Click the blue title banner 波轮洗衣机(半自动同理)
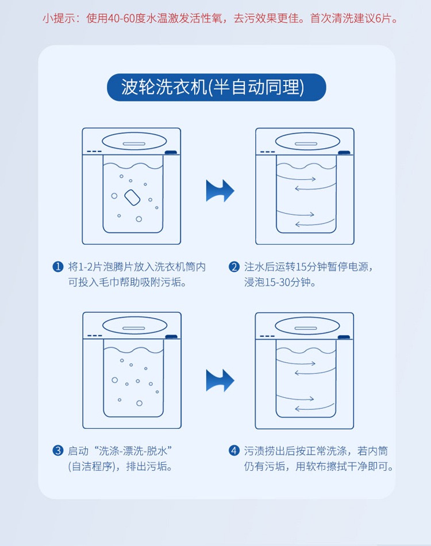pyautogui.click(x=217, y=87)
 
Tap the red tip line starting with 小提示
pyautogui.click(x=221, y=18)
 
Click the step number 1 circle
pyautogui.click(x=58, y=267)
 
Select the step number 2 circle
pyautogui.click(x=234, y=267)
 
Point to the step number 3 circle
pyautogui.click(x=58, y=451)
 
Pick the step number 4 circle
pyautogui.click(x=234, y=451)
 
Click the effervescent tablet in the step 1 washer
pyautogui.click(x=132, y=198)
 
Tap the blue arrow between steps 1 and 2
pyautogui.click(x=220, y=191)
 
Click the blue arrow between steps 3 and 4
pyautogui.click(x=220, y=380)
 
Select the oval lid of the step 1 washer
pyautogui.click(x=134, y=142)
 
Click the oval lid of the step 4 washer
pyautogui.click(x=307, y=326)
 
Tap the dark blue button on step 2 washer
pyautogui.click(x=344, y=152)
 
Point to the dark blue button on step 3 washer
pyautogui.click(x=171, y=336)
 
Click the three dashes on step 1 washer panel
pyautogui.click(x=94, y=152)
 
